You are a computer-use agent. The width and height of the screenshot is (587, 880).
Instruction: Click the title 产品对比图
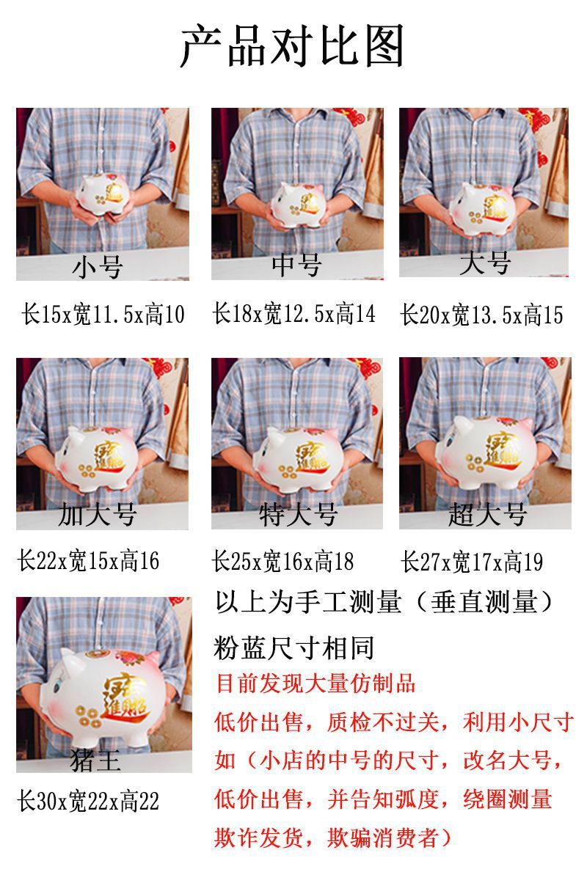coord(292,45)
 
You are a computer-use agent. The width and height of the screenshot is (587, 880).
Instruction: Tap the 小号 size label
coord(98,267)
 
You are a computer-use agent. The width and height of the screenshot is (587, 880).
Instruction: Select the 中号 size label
coord(297,265)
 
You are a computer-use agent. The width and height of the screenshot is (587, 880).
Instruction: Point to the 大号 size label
coord(485,263)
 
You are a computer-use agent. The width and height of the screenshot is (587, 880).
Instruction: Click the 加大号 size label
coord(98,515)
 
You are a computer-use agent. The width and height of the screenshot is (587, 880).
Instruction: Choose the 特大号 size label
coord(298,515)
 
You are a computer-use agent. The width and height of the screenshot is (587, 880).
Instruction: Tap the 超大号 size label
coord(487,514)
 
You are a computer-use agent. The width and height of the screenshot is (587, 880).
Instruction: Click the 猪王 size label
coord(95,760)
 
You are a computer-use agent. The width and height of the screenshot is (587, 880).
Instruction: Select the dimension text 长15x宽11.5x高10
coord(103,315)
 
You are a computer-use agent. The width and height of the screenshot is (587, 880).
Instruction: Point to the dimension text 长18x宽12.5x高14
coord(294,313)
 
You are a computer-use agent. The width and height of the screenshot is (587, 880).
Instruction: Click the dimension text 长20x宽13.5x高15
coord(481,315)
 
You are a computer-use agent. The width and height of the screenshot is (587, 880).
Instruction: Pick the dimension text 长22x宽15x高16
coord(88,560)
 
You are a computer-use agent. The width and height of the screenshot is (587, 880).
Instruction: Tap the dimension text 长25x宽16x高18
coord(282,562)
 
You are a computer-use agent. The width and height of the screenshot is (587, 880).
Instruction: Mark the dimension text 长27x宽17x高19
coord(472,562)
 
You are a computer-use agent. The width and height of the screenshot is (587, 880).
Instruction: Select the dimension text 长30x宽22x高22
coord(88,802)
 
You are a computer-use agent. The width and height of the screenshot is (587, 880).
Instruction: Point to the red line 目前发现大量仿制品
coord(316,683)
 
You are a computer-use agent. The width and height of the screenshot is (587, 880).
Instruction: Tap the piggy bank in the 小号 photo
coord(103,195)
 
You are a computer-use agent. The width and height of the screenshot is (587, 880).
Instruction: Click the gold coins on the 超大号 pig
coord(475,463)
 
